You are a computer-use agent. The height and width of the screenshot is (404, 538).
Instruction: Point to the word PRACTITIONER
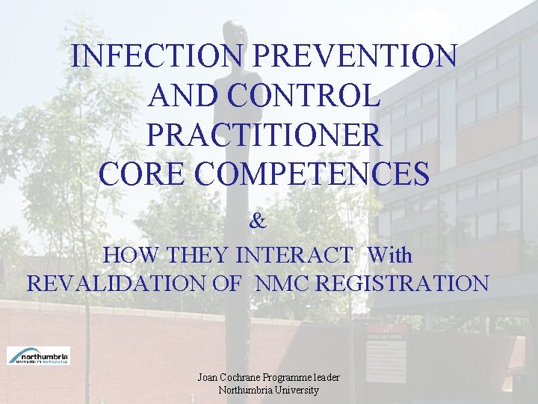pos(265,135)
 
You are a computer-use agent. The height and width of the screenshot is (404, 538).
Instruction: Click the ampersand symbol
pos(258,221)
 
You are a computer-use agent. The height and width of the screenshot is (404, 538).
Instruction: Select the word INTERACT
pos(294,255)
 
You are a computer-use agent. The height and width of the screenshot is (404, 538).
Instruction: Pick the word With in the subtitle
pos(389,255)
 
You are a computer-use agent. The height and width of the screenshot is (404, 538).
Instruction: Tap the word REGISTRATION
pos(398,284)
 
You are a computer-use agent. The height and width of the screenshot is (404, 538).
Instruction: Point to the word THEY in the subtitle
pos(197,255)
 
